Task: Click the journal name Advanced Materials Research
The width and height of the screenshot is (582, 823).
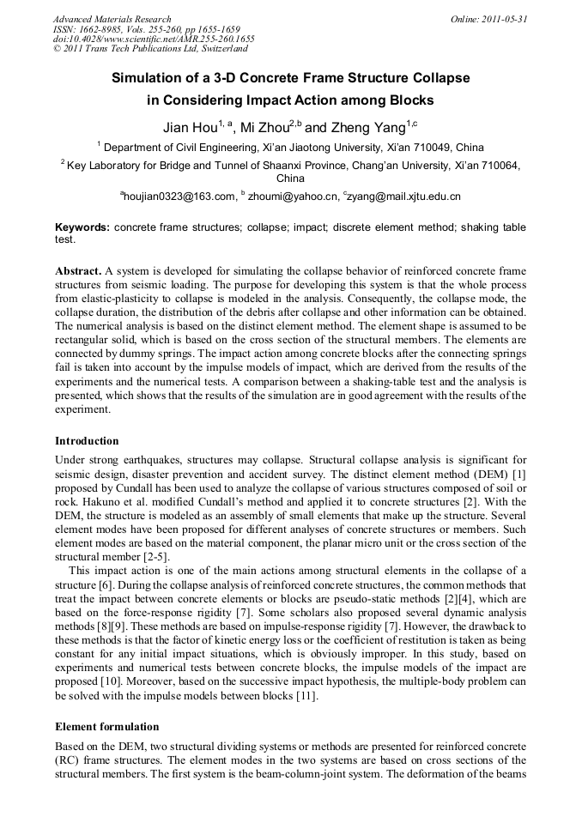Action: click(x=112, y=19)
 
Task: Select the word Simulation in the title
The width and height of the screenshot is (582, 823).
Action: click(x=148, y=78)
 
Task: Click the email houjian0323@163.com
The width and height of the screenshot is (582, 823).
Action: click(x=179, y=197)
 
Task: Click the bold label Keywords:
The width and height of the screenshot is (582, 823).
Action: click(x=82, y=227)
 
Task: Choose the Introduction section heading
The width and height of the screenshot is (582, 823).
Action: click(x=87, y=441)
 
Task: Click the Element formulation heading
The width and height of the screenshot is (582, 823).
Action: click(x=106, y=726)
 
